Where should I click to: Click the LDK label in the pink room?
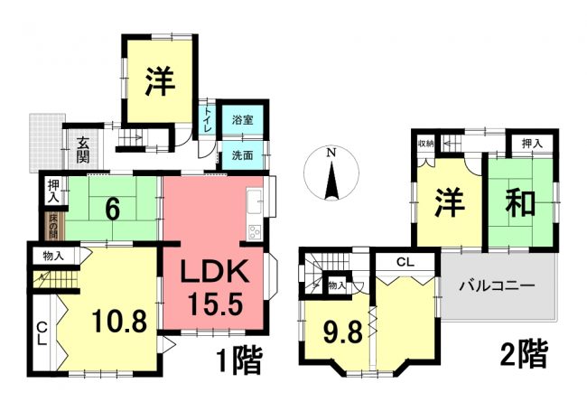pos(215,271)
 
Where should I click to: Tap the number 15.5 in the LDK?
pos(215,303)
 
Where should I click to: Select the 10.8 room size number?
pos(119,322)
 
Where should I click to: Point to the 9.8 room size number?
pos(343,332)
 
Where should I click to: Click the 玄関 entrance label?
pos(83,150)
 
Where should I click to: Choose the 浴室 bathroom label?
pos(242,120)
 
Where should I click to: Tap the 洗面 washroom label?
pos(242,155)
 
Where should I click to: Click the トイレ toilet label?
pos(208,119)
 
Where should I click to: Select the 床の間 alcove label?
pos(52,226)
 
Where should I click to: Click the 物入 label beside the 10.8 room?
pos(53,256)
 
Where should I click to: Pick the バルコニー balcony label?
pos(497,286)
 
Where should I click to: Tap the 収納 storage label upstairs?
pos(425,143)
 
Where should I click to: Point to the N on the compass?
pos(331,152)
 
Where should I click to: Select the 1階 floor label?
pos(239,360)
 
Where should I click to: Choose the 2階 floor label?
pos(524,354)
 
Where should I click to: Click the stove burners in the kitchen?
pos(255,231)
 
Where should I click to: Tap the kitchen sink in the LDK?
pos(254,201)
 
